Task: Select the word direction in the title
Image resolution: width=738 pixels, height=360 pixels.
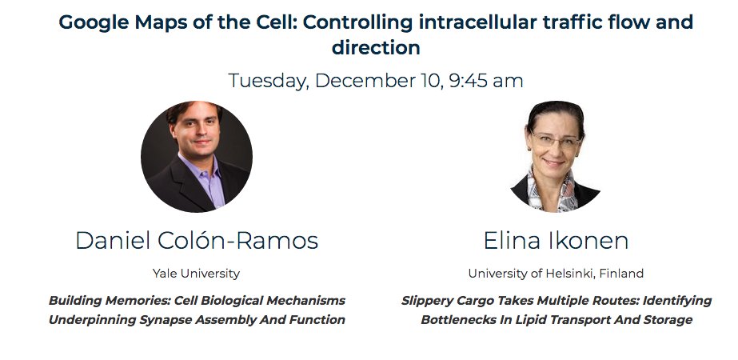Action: [376, 47]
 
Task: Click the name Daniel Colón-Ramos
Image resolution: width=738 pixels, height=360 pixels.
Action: [197, 241]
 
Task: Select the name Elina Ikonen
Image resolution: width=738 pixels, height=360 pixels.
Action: [556, 241]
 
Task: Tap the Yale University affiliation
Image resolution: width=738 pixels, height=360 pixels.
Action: [196, 274]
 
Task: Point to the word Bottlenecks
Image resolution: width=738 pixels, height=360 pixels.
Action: [459, 320]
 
